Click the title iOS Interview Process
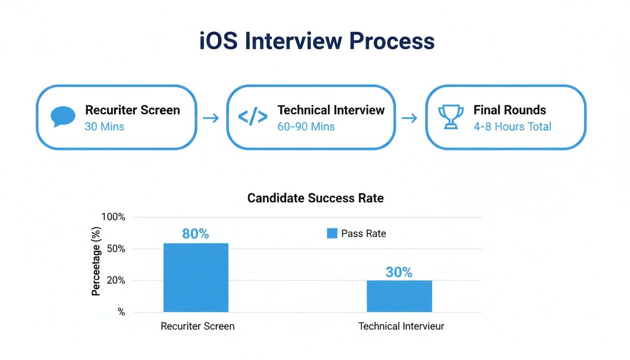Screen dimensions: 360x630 coord(317,41)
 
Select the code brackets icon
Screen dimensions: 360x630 coord(253,117)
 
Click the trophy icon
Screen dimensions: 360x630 coord(450,117)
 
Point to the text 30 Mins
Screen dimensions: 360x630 coord(104,127)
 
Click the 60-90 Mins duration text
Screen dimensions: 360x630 coord(306,127)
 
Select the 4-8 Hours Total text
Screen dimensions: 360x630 coord(512,127)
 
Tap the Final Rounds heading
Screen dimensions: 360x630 coord(510,110)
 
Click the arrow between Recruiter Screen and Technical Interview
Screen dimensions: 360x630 coord(211,118)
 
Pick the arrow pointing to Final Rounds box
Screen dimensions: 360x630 coord(410,118)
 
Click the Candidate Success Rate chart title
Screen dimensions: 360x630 coord(315,198)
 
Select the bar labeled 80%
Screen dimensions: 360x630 coord(195,277)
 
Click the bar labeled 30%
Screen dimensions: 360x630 coord(399,296)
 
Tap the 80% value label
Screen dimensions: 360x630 coord(195,234)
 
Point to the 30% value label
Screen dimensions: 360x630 coord(399,272)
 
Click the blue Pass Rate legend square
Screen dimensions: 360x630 coord(332,233)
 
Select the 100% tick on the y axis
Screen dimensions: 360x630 coord(113,217)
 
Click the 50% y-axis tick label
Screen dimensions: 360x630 coord(116,249)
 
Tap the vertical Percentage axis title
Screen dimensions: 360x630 coord(96,261)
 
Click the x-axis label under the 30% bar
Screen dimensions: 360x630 coord(401,326)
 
